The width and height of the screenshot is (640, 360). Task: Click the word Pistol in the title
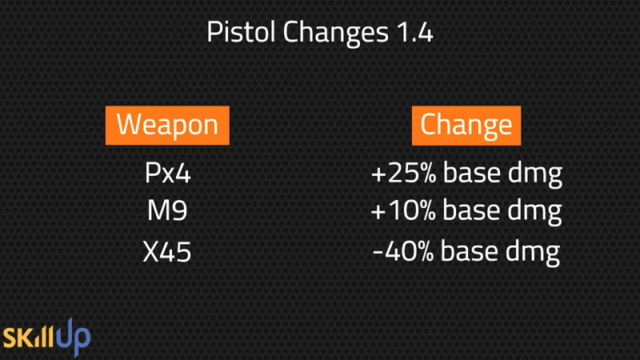coord(241,32)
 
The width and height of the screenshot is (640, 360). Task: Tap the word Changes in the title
coord(335,34)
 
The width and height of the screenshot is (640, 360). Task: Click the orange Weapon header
coord(167,126)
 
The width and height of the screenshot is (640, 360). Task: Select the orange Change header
coord(466,126)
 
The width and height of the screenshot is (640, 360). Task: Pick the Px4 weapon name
coord(168,173)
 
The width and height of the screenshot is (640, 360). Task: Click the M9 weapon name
coord(167,210)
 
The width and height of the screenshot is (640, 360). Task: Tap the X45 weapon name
coord(167,251)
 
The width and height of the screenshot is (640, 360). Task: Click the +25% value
coord(404,173)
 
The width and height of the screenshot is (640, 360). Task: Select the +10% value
coord(403,210)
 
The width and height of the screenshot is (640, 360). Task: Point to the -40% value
coord(403,251)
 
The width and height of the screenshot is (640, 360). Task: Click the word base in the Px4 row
coord(472,172)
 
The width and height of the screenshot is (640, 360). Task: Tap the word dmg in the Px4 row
coord(535,175)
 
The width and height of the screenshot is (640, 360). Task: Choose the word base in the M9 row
coord(471,210)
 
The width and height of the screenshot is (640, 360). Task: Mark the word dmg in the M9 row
coord(534,213)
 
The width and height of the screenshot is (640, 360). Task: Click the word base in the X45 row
coord(470,250)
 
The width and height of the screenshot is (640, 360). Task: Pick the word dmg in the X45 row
coord(533,254)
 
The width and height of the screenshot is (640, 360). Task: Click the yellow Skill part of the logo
coord(29,337)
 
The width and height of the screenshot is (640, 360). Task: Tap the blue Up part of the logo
coord(74,337)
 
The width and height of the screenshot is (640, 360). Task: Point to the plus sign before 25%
coord(378,174)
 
